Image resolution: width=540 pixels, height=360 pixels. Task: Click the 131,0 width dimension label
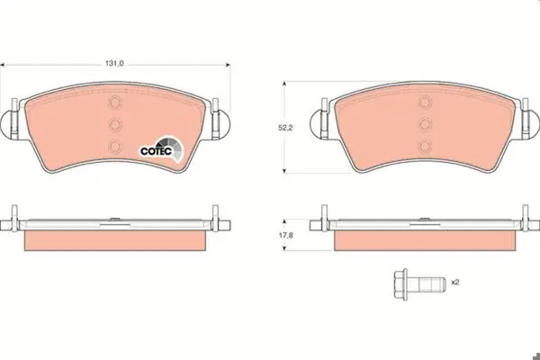click(x=114, y=63)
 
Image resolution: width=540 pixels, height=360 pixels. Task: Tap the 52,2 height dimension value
click(x=285, y=128)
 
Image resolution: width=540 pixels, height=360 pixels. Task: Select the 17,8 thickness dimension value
click(x=285, y=235)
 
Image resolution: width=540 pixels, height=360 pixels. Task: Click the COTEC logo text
click(x=156, y=151)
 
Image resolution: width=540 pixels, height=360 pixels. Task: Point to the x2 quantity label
click(x=455, y=282)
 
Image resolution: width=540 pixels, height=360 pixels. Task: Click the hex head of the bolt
click(x=400, y=284)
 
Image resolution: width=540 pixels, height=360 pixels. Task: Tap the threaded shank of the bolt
click(x=427, y=284)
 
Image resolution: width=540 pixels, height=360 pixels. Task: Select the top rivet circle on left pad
click(x=115, y=103)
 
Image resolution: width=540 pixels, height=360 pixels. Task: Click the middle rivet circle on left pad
click(x=115, y=124)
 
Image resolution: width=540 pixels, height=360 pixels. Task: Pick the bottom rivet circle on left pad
click(x=115, y=147)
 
